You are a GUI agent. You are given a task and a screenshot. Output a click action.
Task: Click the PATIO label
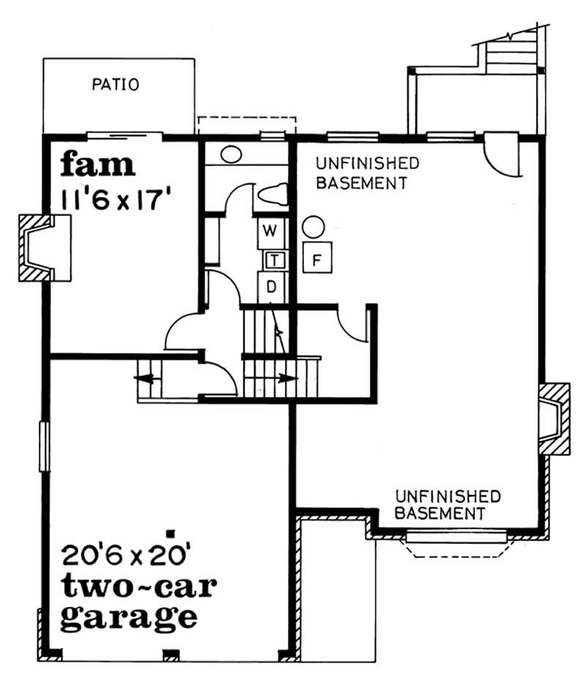click(x=116, y=85)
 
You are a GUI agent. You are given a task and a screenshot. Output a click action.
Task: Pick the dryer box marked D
click(x=270, y=286)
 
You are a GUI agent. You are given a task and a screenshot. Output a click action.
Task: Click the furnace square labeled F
click(x=317, y=258)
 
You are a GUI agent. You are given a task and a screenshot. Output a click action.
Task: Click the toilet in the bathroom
click(x=271, y=195)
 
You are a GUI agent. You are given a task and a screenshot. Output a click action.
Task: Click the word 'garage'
click(x=128, y=616)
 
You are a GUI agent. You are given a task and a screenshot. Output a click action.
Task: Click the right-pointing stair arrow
click(x=287, y=378)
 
